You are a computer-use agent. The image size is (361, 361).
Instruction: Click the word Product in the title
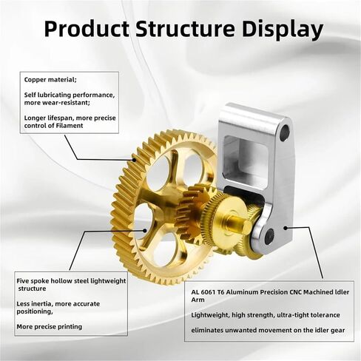pos(87,29)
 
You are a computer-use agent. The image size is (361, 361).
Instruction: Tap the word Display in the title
pos(283,30)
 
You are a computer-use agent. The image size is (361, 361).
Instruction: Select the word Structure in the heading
pos(185,29)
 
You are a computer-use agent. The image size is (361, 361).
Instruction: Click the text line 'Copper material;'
pos(50,80)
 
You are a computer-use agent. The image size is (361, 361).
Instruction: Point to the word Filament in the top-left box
pos(70,126)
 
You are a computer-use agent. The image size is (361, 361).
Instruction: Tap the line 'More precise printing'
pos(50,327)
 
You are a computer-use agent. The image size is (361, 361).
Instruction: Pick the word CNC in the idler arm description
pos(294,292)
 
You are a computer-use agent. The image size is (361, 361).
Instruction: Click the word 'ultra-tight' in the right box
pos(291,315)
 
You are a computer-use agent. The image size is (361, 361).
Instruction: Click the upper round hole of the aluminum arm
pos(285,130)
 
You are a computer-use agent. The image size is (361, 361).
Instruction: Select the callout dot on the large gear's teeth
pos(134,160)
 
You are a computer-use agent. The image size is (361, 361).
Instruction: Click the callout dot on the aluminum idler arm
pos(286,228)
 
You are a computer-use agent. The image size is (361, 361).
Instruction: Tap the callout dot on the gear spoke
pos(145,231)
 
